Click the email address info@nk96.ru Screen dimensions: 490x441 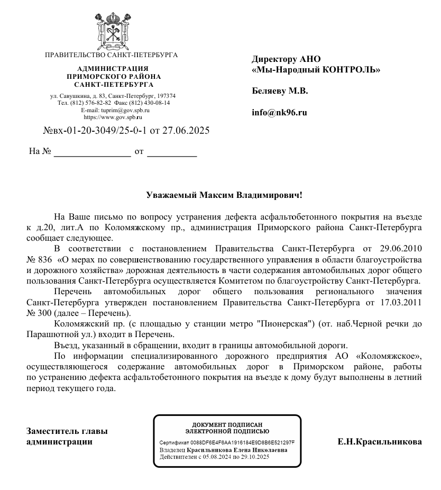(x=279, y=113)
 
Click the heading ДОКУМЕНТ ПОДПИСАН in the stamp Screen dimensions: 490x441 (x=227, y=424)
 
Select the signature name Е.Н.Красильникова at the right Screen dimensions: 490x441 (x=379, y=442)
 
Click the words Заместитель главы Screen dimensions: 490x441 (x=67, y=432)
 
